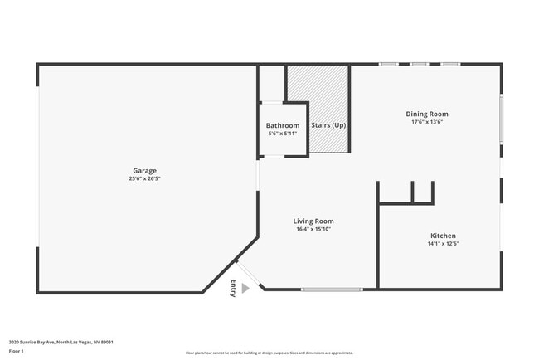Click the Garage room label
pos(144,171)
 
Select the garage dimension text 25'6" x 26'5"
pos(144,178)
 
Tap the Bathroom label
pos(282,125)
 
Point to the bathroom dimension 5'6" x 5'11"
pos(282,133)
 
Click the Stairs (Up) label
pos(328,125)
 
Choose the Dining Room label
pos(427,114)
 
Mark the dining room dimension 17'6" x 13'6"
pos(427,122)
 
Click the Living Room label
pos(313,221)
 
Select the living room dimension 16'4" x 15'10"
pos(313,229)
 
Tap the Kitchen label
pos(442,236)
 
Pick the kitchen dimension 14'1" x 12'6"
pos(442,244)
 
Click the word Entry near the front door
pos(233,288)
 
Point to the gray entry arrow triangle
pos(245,288)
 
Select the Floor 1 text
pos(16,352)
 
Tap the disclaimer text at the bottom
pos(269,353)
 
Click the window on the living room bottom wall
pos(331,289)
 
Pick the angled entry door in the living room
pos(250,274)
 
